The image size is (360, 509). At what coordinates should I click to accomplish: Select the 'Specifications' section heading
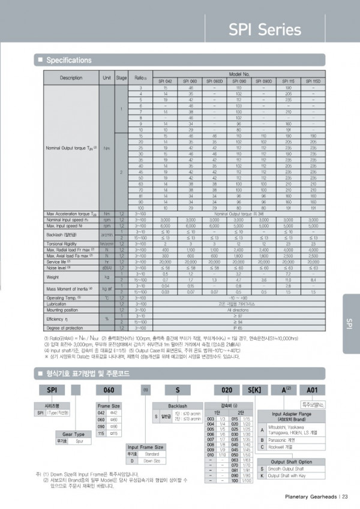[x=68, y=61]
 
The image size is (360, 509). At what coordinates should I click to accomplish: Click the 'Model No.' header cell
[x=238, y=73]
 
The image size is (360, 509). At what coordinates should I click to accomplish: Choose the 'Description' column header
[x=71, y=77]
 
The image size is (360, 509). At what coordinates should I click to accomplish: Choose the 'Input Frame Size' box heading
[x=146, y=447]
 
